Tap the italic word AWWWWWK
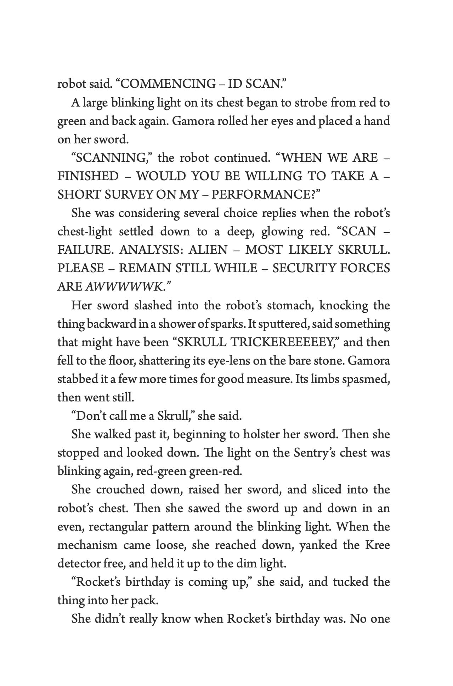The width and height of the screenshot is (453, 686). tap(124, 287)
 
